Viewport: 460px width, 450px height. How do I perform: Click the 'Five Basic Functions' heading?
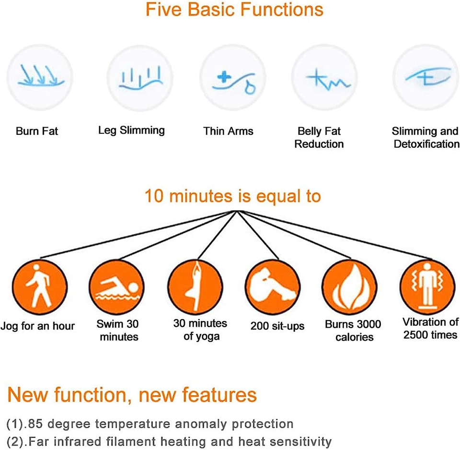click(234, 10)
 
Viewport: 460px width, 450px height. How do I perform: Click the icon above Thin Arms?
click(232, 78)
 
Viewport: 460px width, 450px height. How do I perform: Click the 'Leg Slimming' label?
click(131, 130)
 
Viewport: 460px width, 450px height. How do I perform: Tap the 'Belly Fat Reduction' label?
click(319, 137)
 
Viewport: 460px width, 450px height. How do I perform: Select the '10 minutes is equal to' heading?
click(233, 196)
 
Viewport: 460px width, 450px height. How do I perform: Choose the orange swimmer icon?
click(116, 287)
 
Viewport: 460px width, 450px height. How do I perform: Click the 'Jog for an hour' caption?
click(38, 326)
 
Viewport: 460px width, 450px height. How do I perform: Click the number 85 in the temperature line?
click(34, 424)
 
